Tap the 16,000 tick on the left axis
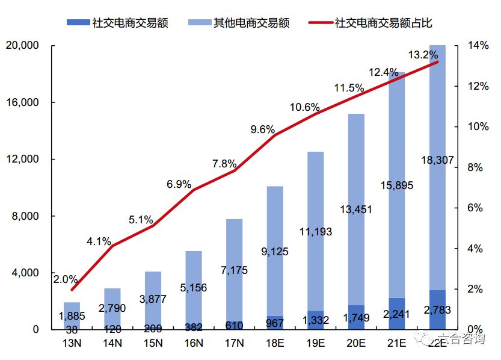22,102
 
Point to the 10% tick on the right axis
475,126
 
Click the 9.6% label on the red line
263,129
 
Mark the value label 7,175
235,270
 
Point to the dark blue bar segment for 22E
437,310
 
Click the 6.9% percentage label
179,184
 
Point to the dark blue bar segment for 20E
356,317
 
